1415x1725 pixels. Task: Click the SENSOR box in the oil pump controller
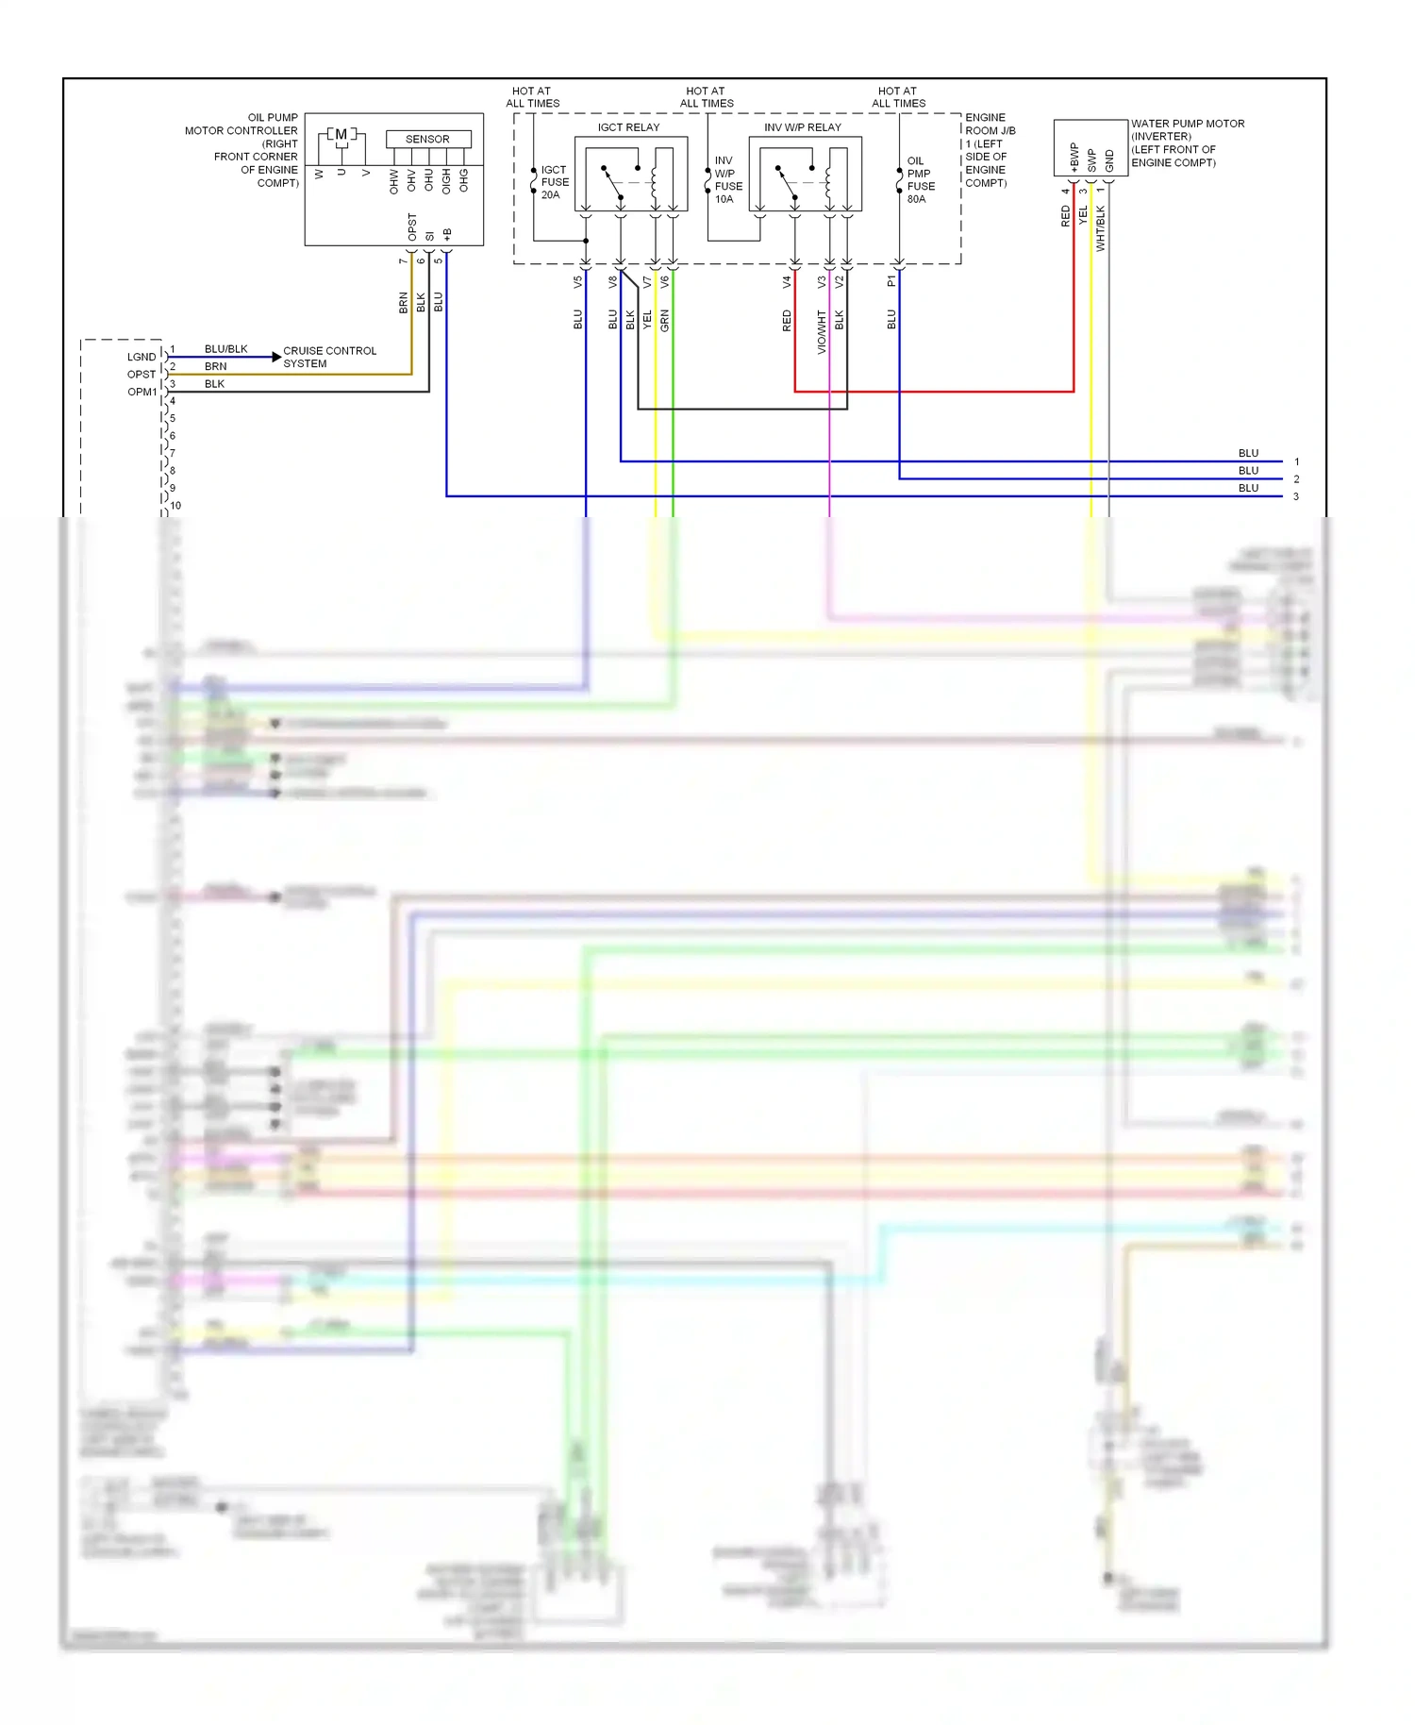[427, 139]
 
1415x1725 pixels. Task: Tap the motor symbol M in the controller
[341, 135]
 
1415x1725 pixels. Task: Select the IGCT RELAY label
[628, 127]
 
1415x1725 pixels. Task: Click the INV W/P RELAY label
[802, 127]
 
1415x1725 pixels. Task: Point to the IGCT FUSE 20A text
[555, 182]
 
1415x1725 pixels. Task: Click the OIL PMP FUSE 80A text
[920, 180]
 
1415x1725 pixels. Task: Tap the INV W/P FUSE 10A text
[727, 180]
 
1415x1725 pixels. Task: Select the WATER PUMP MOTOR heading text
[1187, 124]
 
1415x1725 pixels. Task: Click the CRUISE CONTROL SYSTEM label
[328, 357]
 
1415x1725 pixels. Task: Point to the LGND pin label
[141, 357]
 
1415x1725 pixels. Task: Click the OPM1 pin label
[141, 392]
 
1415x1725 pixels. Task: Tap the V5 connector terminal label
[578, 281]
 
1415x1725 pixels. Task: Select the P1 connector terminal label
[891, 281]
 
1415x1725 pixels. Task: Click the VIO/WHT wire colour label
[822, 332]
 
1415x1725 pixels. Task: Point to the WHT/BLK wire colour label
[1100, 228]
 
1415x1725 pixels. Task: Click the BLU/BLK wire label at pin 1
[225, 349]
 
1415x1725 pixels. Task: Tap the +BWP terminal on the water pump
[1074, 157]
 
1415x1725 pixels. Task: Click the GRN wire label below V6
[665, 320]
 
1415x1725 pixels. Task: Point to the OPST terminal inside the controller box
[412, 226]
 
